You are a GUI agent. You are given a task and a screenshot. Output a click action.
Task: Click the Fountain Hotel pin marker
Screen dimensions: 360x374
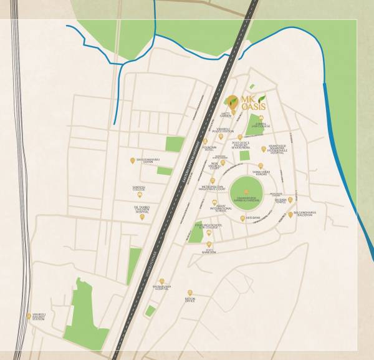tap(205, 141)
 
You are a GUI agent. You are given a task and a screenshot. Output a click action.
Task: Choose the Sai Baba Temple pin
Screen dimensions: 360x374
tap(290, 200)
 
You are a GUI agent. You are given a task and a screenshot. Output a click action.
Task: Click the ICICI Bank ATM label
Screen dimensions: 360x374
tap(208, 251)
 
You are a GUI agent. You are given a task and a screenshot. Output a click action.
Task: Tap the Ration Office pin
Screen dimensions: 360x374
tap(190, 292)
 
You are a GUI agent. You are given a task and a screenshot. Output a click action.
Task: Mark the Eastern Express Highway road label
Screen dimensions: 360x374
tap(185, 172)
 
